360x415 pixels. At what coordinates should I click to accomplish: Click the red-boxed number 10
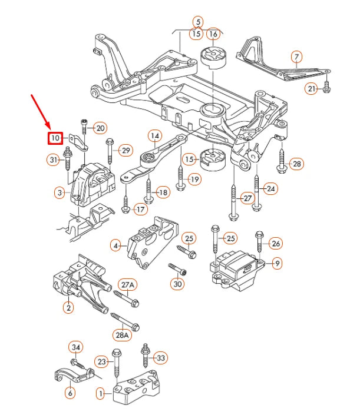point(55,138)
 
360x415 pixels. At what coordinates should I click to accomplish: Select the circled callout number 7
point(296,57)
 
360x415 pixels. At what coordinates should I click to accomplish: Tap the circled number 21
point(311,89)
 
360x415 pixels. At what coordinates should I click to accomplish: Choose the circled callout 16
point(213,34)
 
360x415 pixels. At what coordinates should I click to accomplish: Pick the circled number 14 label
point(154,136)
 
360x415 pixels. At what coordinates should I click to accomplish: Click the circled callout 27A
point(128,285)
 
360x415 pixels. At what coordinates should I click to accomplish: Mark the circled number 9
point(276,263)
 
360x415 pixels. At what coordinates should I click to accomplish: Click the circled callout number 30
point(177,284)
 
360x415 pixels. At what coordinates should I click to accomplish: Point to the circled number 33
point(161,357)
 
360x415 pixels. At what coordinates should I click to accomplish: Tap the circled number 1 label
point(101,393)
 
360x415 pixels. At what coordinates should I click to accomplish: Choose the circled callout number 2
point(69,307)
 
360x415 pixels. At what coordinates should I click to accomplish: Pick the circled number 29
point(125,151)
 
